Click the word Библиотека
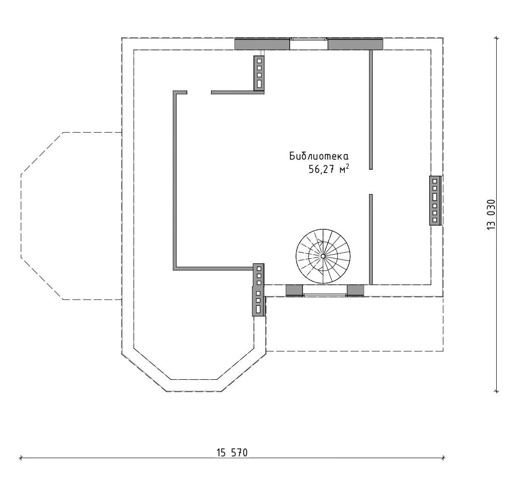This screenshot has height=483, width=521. click(319, 156)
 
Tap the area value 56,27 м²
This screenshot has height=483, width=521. click(329, 169)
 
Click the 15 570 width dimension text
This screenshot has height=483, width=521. click(232, 452)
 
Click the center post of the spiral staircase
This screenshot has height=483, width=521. click(323, 256)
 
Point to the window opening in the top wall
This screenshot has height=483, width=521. click(308, 44)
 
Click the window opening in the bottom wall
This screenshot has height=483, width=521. click(325, 290)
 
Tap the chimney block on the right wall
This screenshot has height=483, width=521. click(435, 200)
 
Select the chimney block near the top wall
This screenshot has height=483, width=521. click(259, 72)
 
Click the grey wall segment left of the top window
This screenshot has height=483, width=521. click(262, 44)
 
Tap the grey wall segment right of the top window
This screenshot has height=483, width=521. click(356, 44)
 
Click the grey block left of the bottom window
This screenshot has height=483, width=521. click(294, 290)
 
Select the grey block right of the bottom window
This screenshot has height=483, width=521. click(356, 290)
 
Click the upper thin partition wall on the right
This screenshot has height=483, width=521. click(371, 110)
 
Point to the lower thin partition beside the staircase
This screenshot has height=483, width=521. click(371, 239)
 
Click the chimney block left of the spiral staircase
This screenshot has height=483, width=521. click(259, 289)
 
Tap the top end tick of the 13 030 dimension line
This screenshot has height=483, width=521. click(496, 38)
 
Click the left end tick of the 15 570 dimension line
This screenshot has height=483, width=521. click(21, 458)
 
